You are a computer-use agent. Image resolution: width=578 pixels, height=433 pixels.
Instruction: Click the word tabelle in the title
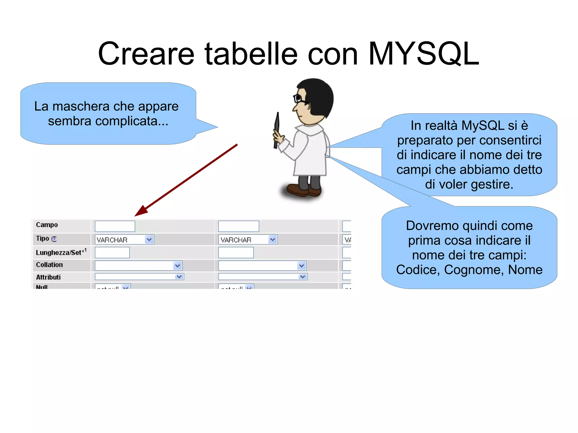(x=251, y=54)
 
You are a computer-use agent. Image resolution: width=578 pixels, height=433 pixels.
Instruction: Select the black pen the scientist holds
(x=277, y=130)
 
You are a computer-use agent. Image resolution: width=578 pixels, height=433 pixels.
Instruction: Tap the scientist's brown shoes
(x=303, y=190)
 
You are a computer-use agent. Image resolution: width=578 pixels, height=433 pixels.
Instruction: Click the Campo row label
(x=47, y=225)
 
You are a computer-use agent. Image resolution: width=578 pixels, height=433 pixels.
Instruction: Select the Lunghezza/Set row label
(x=59, y=252)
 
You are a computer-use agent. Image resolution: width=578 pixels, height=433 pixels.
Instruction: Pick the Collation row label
(x=49, y=265)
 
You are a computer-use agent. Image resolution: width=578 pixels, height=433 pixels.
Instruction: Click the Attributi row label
(x=48, y=277)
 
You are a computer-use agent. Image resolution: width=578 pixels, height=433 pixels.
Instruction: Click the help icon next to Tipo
(x=54, y=239)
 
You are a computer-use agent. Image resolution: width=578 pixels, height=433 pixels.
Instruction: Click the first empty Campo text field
(x=115, y=226)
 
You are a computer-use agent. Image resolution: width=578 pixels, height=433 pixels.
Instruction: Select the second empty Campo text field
(x=238, y=226)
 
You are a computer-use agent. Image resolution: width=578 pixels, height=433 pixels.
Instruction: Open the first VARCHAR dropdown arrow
(x=149, y=239)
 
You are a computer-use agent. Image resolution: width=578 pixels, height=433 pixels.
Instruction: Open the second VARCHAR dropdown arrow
(x=272, y=239)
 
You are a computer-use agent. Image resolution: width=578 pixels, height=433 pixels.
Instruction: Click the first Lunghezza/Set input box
(x=112, y=252)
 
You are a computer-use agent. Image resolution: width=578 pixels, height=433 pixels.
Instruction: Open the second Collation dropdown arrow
(x=301, y=265)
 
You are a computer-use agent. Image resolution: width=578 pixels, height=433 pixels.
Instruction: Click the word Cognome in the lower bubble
(x=473, y=270)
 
